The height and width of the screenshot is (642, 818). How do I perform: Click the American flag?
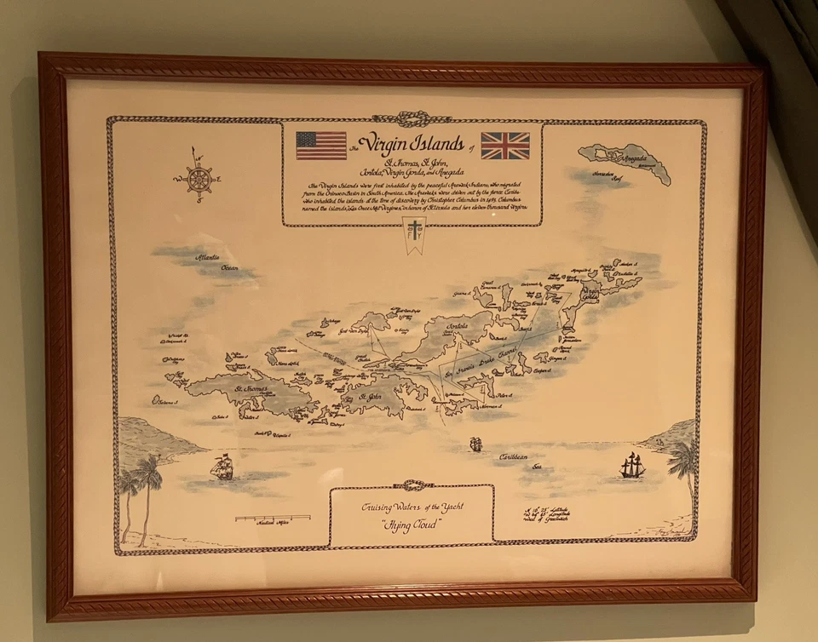(x=321, y=146)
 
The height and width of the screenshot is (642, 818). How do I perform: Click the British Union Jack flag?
(x=505, y=146)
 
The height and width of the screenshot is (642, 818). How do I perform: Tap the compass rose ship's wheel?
(x=199, y=180)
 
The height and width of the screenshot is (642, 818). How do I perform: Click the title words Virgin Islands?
(x=412, y=142)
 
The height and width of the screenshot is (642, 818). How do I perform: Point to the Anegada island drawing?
(x=625, y=161)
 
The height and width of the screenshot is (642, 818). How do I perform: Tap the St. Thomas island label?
(x=251, y=389)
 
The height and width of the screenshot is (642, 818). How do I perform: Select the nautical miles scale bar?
(x=273, y=517)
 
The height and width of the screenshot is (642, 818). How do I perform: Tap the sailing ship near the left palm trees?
(x=224, y=466)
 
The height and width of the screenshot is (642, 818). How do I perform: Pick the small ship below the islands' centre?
(x=475, y=444)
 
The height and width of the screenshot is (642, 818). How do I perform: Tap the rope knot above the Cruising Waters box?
(x=412, y=485)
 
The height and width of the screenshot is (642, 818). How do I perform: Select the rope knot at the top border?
(x=412, y=120)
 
